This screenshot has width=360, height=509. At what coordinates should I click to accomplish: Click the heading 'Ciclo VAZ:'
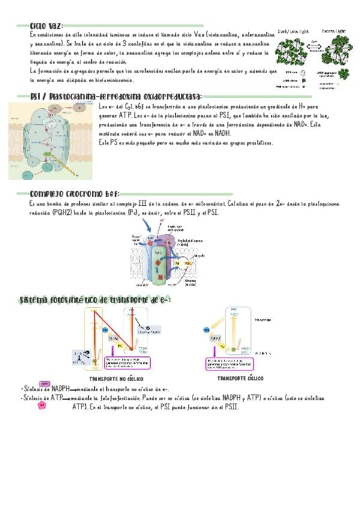click(x=47, y=26)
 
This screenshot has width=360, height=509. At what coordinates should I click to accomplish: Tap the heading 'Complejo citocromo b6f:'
click(x=74, y=194)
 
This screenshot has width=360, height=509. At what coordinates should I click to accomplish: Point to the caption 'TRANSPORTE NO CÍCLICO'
click(x=116, y=380)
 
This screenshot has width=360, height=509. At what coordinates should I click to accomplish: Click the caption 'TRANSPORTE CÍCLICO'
click(x=239, y=379)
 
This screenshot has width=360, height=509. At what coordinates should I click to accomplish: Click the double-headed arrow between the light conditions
click(x=314, y=45)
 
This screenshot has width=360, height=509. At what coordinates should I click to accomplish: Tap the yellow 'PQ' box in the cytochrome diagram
click(x=178, y=262)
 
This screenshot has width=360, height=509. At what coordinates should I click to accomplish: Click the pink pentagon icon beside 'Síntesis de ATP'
click(x=41, y=405)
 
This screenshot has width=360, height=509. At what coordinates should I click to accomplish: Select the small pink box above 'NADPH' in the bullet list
click(x=44, y=383)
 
